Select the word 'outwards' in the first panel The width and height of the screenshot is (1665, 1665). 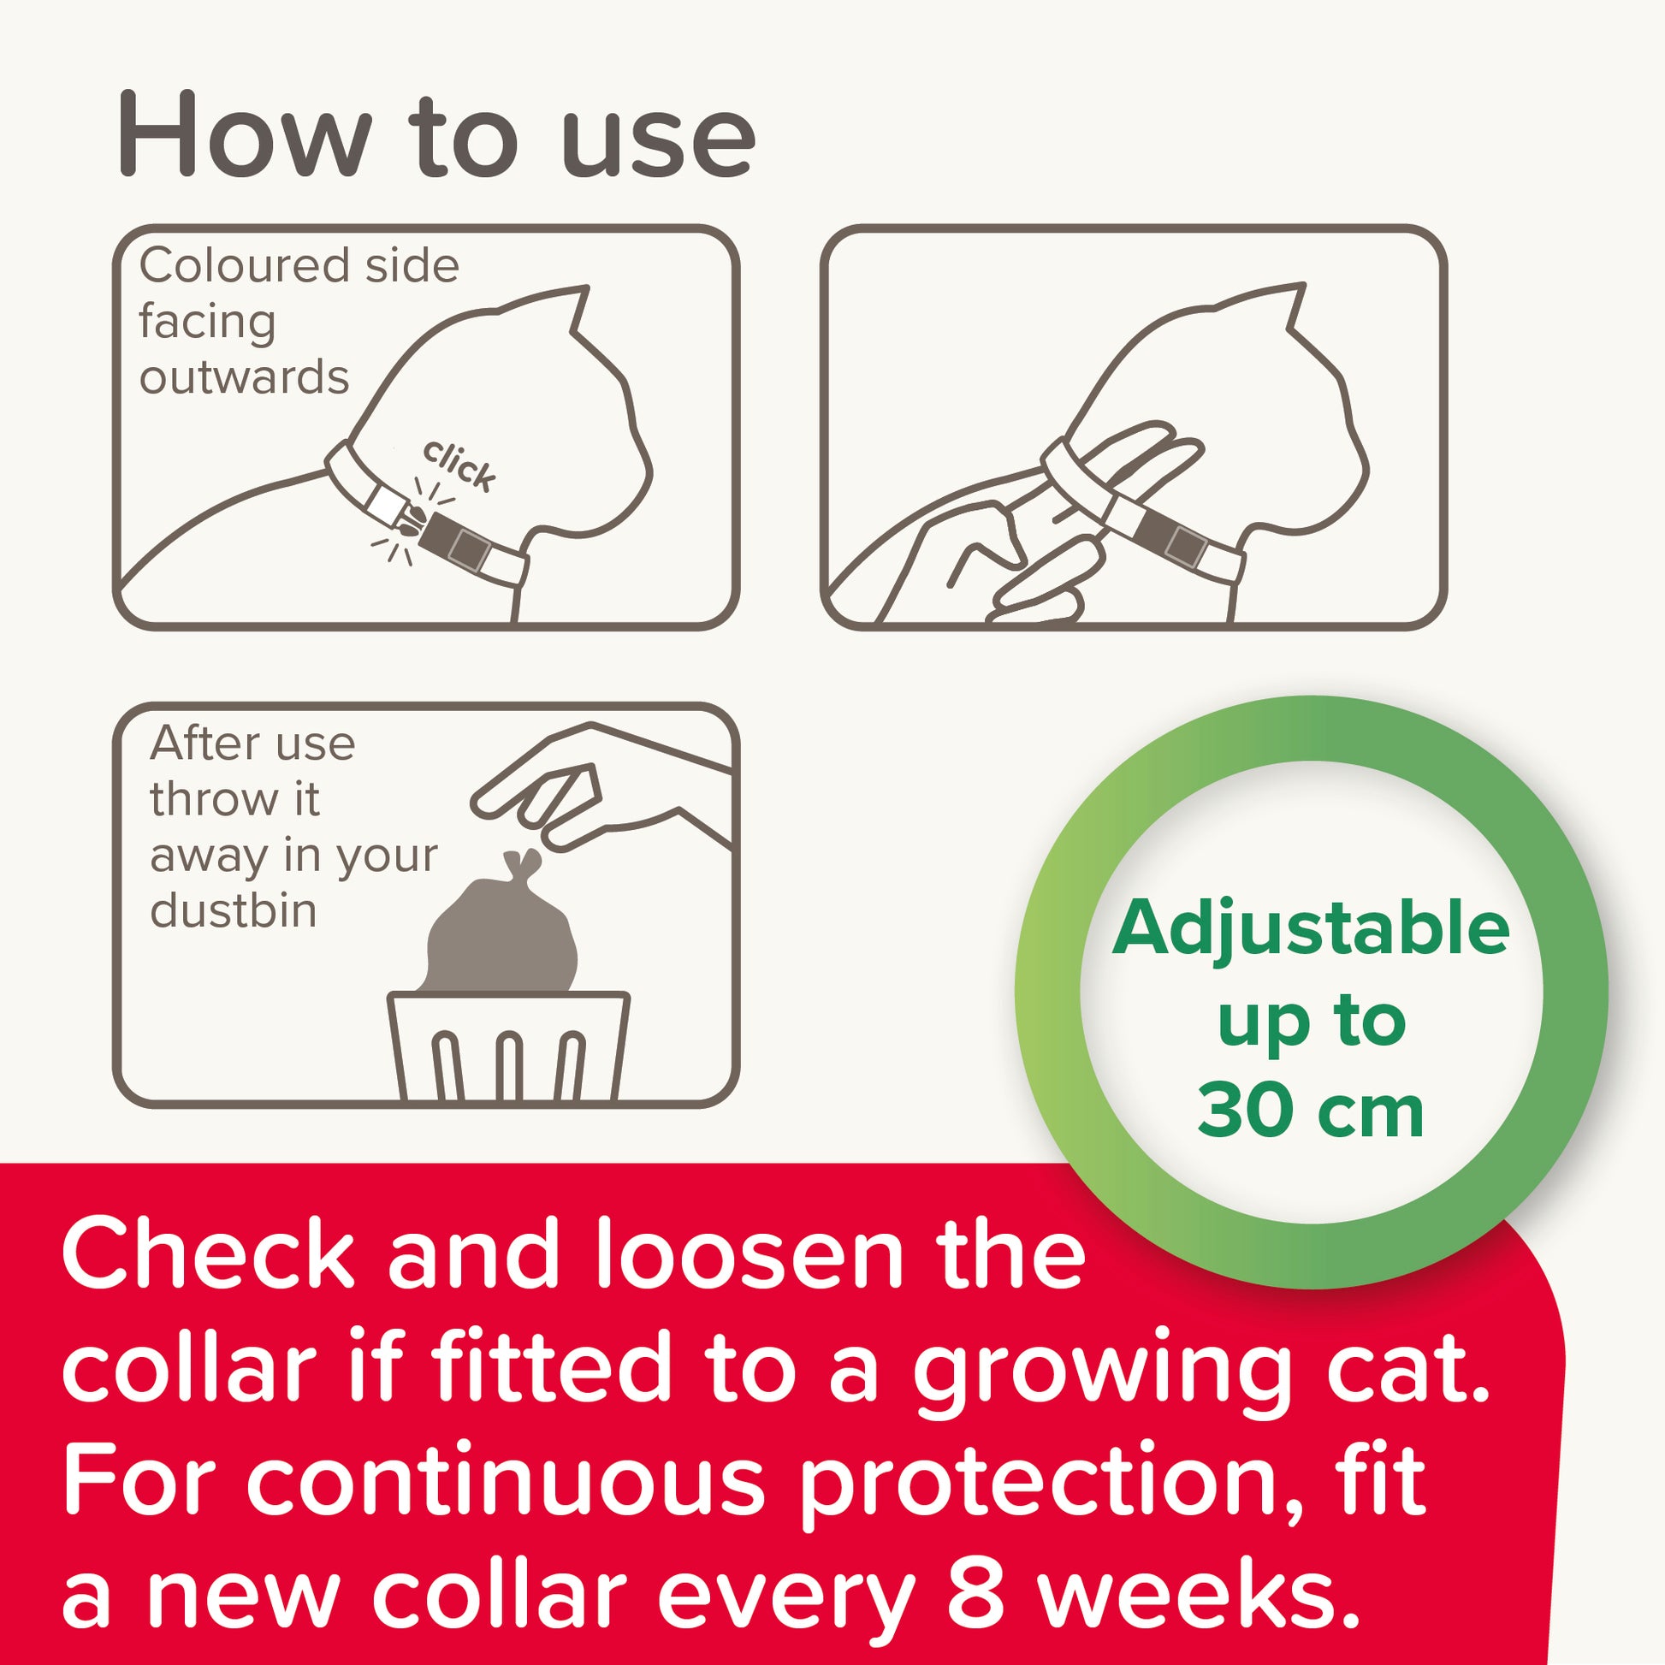(x=245, y=377)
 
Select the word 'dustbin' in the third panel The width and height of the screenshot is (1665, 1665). (x=234, y=911)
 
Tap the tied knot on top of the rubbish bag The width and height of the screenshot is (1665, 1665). (x=522, y=862)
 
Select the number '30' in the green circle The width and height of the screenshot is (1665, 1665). (x=1243, y=1112)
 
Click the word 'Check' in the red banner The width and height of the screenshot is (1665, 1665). (x=208, y=1255)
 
